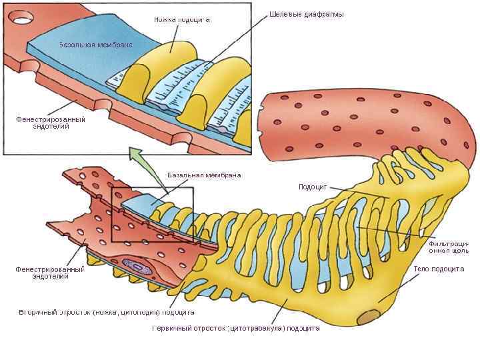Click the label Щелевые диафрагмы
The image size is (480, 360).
[x=307, y=14]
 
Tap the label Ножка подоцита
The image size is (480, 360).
[x=182, y=19]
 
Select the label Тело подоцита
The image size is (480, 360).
[x=438, y=269]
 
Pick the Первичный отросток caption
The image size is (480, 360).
[x=235, y=328]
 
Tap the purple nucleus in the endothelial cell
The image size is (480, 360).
[x=136, y=267]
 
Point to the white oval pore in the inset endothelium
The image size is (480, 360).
[x=21, y=17]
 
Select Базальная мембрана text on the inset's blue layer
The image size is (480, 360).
[x=95, y=45]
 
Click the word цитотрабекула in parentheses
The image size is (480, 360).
[x=256, y=328]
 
